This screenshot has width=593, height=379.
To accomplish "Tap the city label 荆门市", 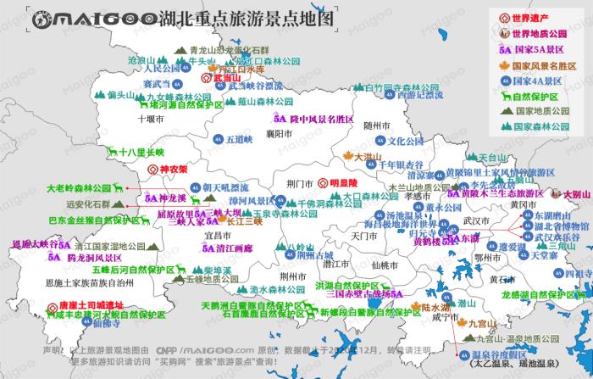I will [x=300, y=182].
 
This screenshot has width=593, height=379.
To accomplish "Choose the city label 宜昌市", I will [x=219, y=233].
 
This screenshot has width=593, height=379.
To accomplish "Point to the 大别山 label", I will [x=578, y=193].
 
